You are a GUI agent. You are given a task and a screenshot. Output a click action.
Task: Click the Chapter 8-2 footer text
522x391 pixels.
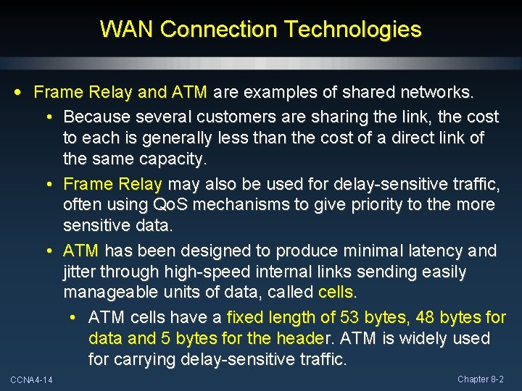(480, 379)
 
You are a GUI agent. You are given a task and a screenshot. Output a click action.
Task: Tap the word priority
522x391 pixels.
(373, 205)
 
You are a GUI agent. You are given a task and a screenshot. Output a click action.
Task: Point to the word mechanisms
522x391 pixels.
(241, 205)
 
